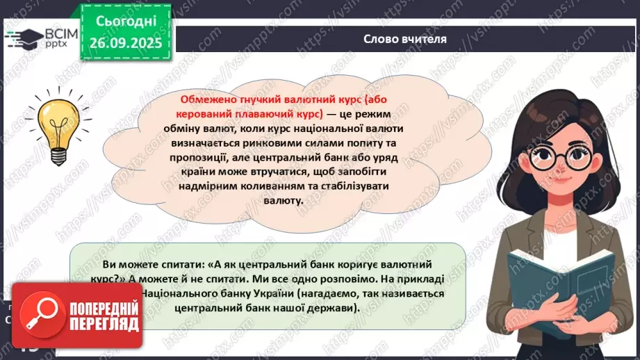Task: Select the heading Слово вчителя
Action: click(404, 38)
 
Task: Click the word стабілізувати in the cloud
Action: click(345, 187)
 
